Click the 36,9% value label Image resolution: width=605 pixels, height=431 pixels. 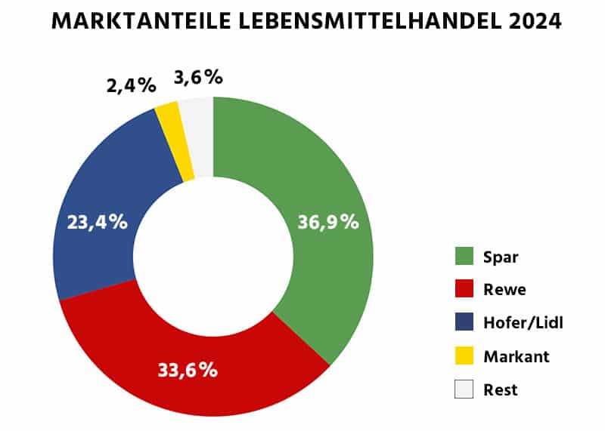click(327, 223)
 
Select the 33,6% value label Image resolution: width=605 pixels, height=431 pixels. click(188, 370)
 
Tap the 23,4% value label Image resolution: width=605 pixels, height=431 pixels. click(96, 223)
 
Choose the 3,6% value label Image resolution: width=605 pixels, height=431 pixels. click(198, 77)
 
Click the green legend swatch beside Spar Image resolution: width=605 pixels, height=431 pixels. click(464, 257)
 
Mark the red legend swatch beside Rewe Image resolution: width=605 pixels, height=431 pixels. click(464, 290)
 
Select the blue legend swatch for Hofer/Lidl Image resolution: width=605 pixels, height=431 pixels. click(464, 323)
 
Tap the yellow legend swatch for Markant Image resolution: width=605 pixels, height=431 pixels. click(464, 356)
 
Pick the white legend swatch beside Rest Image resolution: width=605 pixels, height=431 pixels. click(464, 389)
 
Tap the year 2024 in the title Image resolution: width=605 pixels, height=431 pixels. click(535, 21)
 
